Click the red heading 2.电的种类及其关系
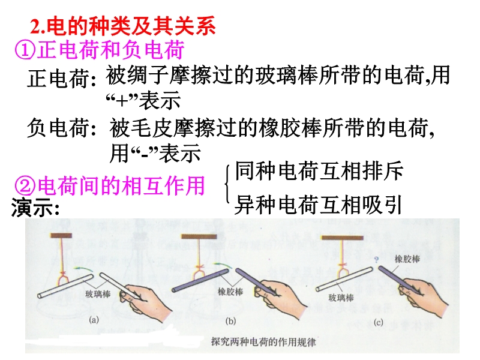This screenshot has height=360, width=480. tap(123, 26)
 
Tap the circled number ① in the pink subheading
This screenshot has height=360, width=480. tap(25, 50)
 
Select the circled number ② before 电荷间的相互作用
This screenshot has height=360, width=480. tap(25, 186)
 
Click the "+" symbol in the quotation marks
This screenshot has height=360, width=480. tap(122, 101)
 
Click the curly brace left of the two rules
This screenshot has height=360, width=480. tap(227, 184)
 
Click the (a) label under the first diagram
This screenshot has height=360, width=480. tap(94, 320)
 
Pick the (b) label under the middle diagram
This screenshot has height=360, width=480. tap(230, 321)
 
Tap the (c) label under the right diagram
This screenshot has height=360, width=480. tap(379, 322)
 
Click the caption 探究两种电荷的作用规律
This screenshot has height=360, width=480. tap(263, 341)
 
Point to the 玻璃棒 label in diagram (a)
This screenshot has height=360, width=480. tap(98, 294)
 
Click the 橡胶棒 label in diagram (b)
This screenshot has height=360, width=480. tap(230, 292)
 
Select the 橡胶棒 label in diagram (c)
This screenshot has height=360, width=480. tap(407, 259)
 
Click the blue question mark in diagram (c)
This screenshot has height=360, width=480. tap(377, 260)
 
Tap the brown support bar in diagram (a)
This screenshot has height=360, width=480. tap(61, 235)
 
